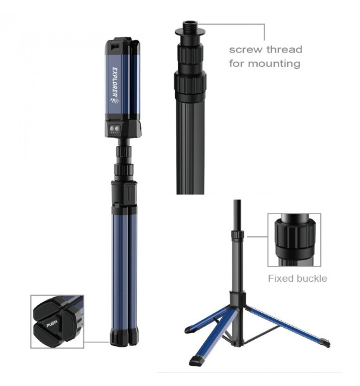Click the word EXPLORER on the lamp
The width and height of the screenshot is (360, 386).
point(115,82)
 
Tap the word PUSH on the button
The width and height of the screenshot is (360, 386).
point(52,323)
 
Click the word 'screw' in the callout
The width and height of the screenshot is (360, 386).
point(245,50)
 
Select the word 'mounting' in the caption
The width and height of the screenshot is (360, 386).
point(274,64)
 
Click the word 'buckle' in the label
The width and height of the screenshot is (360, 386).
point(312,279)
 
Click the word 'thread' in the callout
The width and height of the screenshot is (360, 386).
point(284,49)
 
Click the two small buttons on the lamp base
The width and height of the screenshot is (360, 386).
point(114,128)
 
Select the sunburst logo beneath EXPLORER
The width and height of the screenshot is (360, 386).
point(115,100)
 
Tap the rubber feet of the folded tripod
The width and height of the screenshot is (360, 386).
point(124,336)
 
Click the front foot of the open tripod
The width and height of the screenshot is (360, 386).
point(197,359)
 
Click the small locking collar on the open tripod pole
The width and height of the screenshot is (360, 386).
point(237,234)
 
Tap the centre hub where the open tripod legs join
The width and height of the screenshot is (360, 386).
point(237,299)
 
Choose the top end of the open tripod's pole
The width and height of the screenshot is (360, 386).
point(237,201)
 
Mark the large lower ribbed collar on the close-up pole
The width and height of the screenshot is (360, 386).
point(190,83)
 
